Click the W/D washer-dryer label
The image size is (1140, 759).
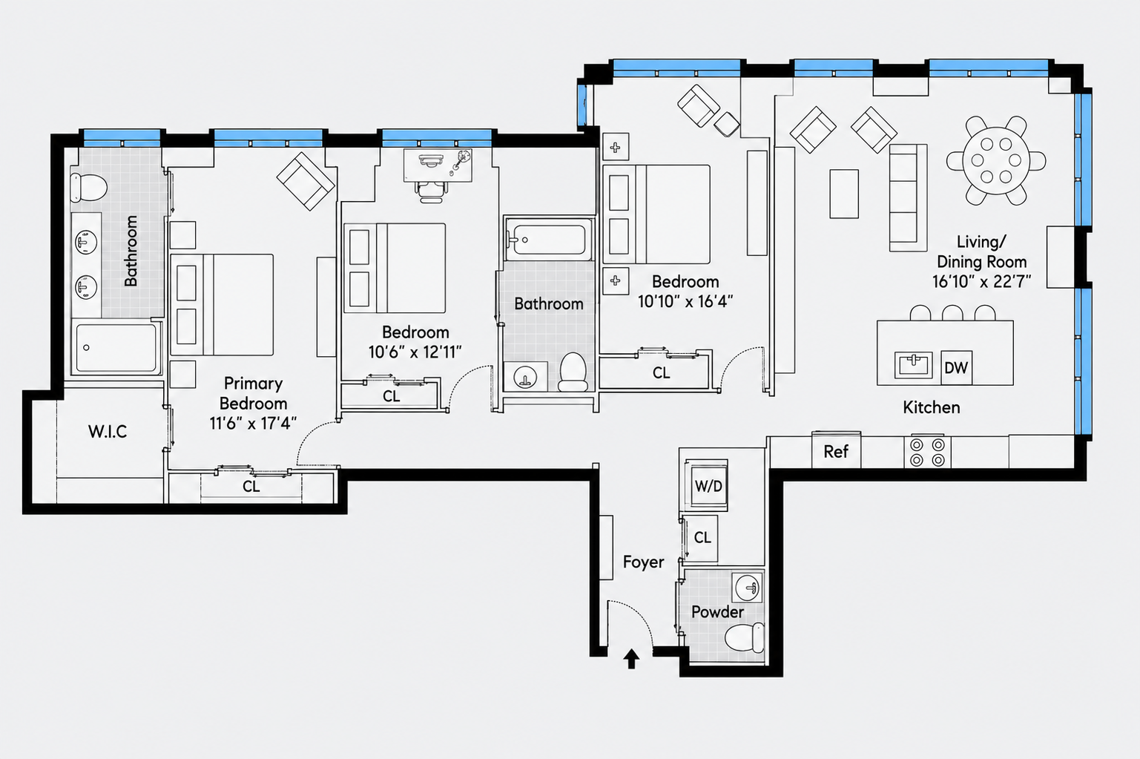708,486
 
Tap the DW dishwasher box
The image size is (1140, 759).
956,367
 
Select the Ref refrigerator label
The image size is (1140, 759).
836,452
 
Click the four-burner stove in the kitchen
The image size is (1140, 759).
926,452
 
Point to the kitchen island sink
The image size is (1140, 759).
914,365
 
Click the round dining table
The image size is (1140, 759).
996,160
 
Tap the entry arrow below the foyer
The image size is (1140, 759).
632,658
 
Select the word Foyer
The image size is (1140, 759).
643,562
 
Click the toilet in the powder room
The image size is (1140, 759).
745,637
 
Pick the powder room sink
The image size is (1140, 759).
748,587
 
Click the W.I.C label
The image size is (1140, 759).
108,432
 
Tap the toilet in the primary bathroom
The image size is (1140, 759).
88,187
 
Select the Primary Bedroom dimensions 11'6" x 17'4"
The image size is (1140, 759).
253,423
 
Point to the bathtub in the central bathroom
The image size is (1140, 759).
549,239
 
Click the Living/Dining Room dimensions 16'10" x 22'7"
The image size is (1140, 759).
982,281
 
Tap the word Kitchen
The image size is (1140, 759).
932,407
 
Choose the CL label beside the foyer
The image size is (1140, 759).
702,538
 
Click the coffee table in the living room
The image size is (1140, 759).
844,194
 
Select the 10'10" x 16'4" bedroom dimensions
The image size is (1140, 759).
685,301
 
